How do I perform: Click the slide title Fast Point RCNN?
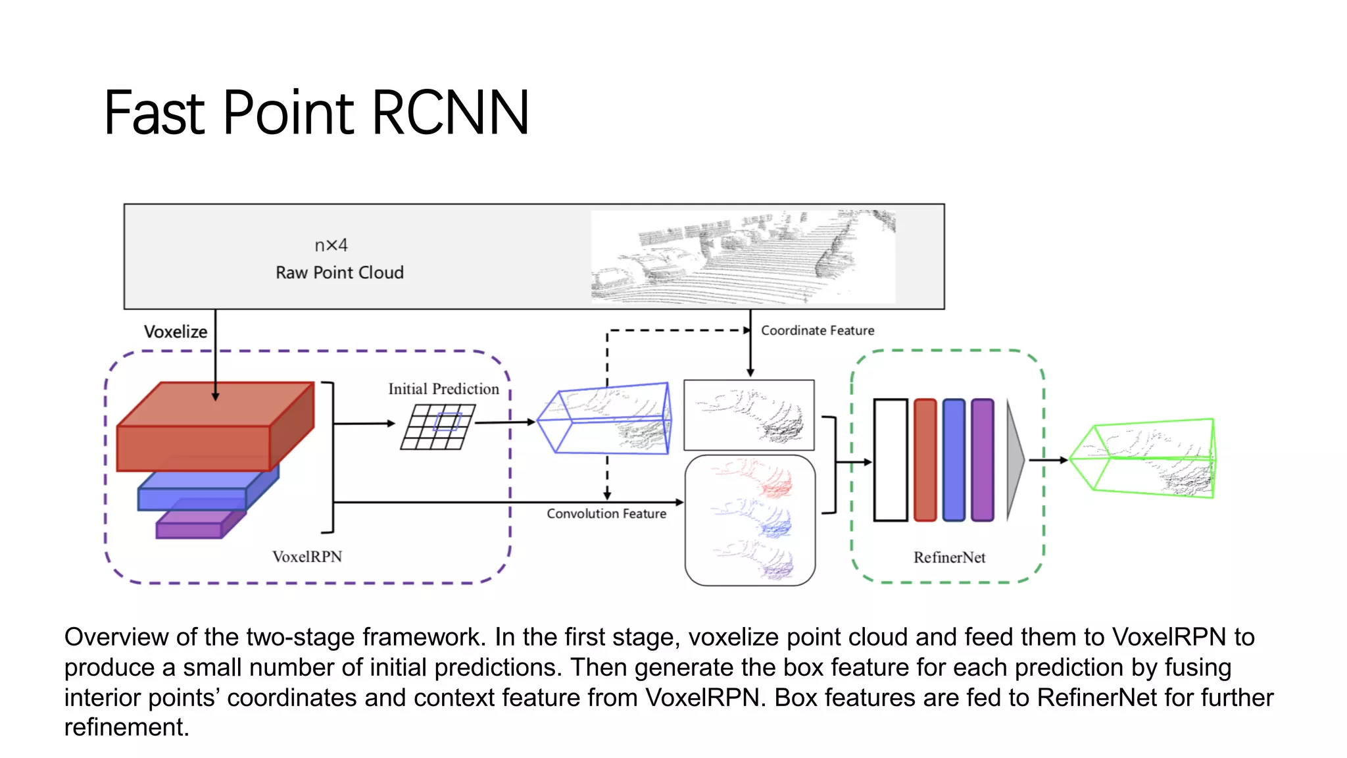(x=316, y=113)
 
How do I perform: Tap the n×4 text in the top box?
(x=331, y=245)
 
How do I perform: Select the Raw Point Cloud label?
(x=339, y=272)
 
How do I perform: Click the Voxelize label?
(x=176, y=332)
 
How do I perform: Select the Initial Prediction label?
(x=443, y=389)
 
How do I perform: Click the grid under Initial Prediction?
(x=437, y=427)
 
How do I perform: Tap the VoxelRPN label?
(x=307, y=557)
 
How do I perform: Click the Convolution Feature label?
(x=606, y=513)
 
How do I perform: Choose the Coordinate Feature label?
(x=818, y=330)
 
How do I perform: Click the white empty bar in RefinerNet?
(x=891, y=460)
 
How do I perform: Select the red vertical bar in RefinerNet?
(x=925, y=460)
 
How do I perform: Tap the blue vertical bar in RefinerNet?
(x=954, y=460)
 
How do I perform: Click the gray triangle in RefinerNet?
(x=1015, y=460)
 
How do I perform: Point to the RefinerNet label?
(x=949, y=557)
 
